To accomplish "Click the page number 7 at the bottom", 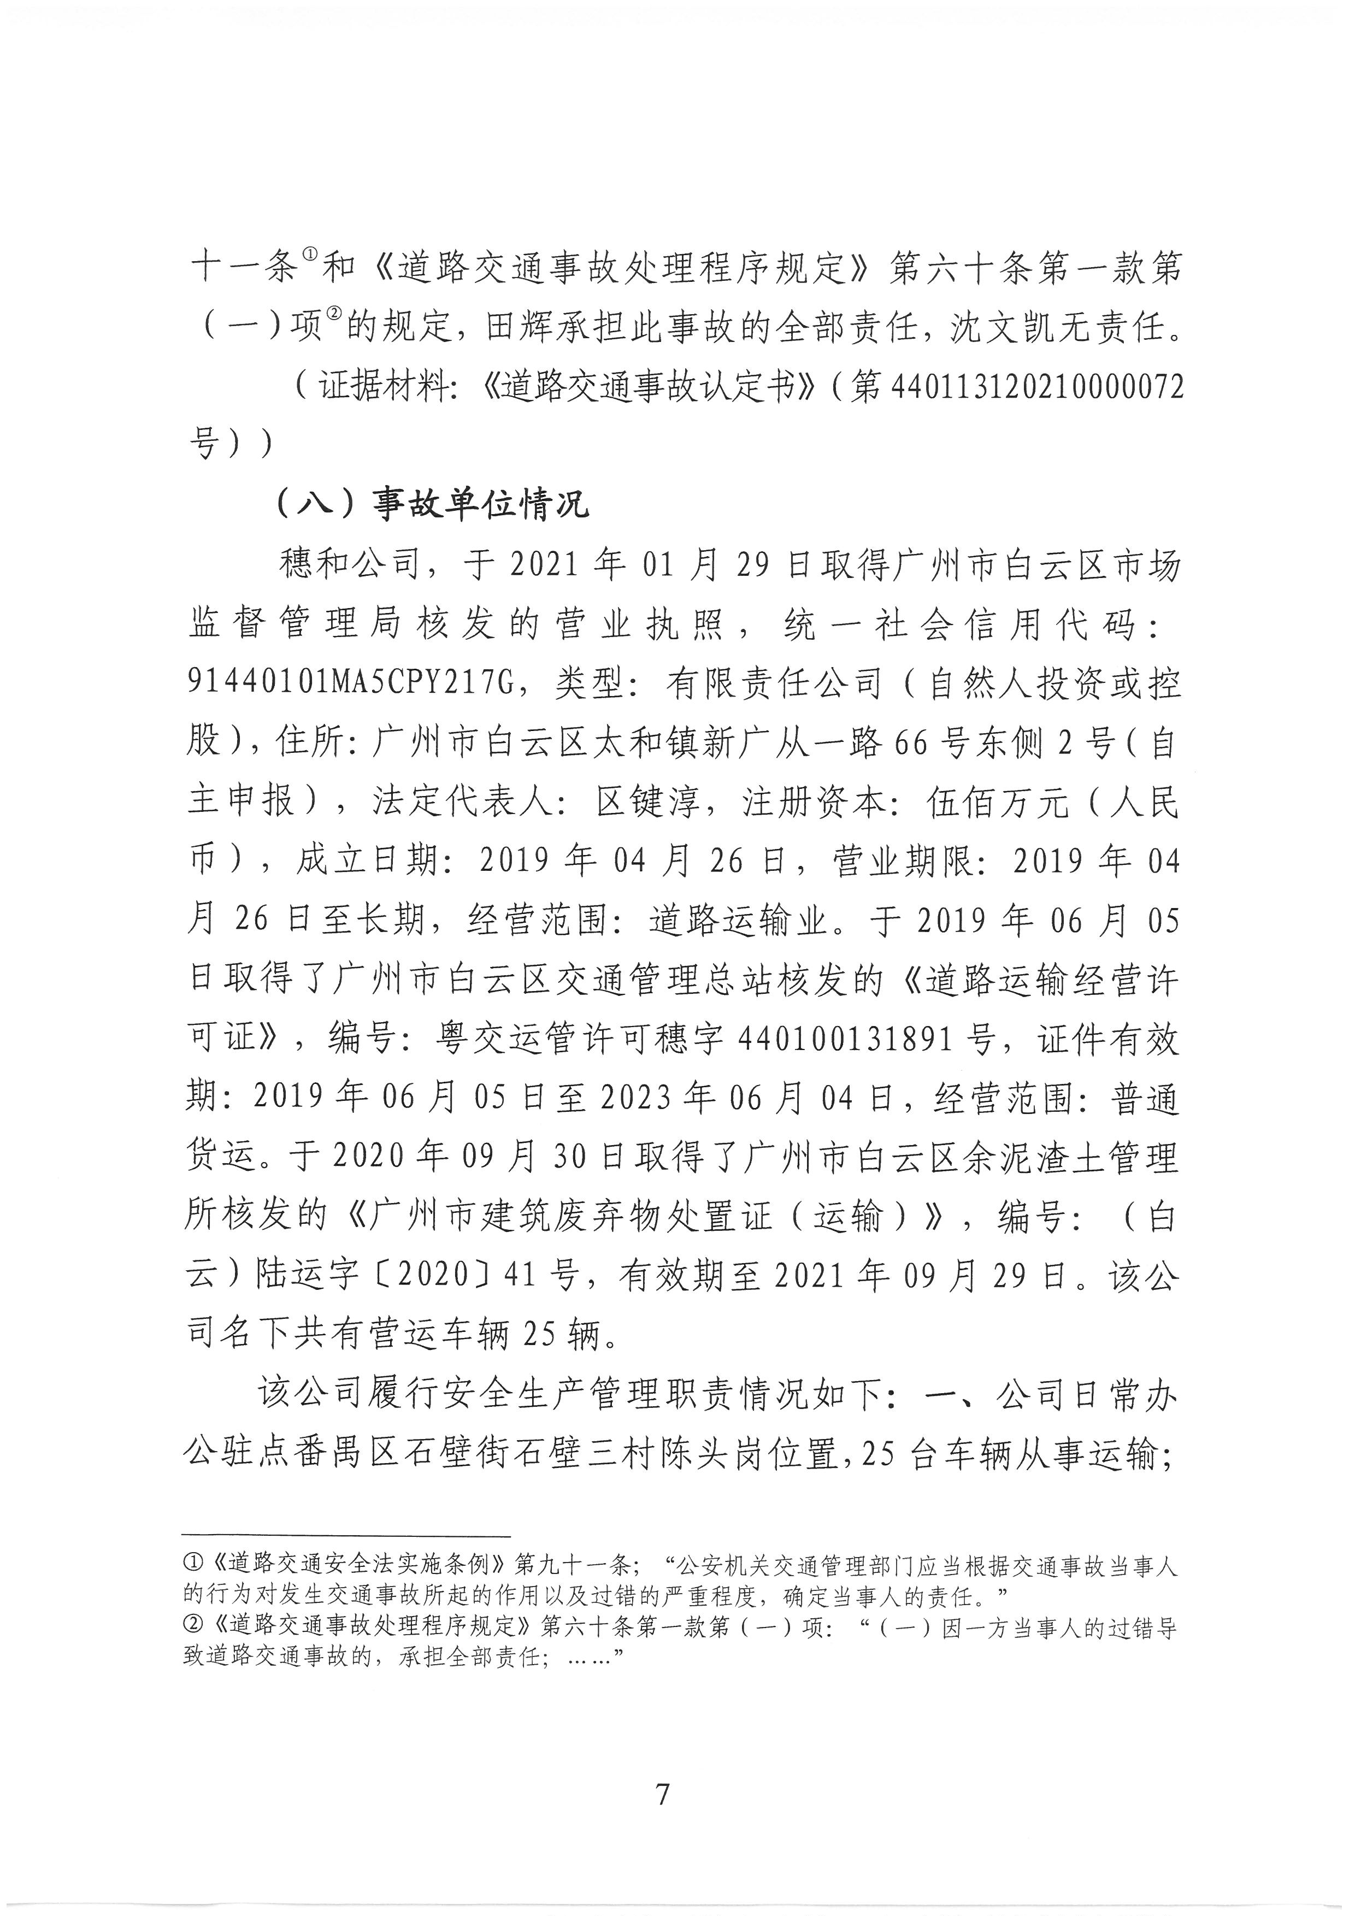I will pos(663,1793).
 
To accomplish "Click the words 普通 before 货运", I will pos(1143,1098).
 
